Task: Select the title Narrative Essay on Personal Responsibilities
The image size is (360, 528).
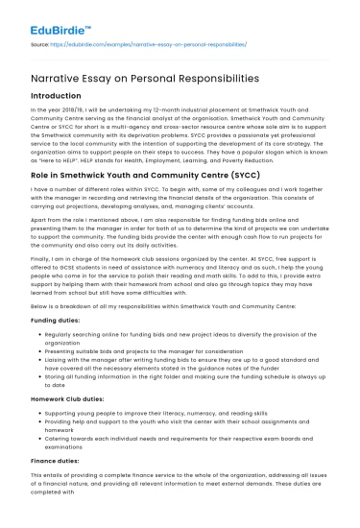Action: [140, 76]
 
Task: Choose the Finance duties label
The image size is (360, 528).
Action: [57, 460]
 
